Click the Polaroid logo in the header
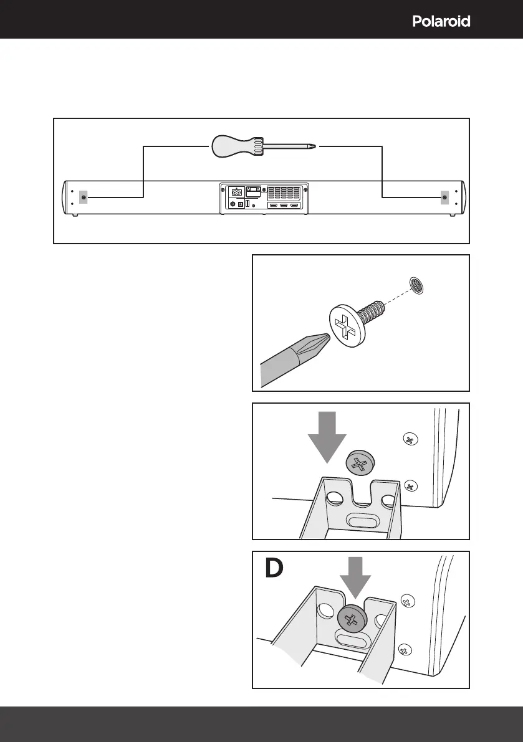[x=441, y=22]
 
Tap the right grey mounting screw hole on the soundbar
[x=444, y=197]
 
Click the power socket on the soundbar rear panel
[x=237, y=192]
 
